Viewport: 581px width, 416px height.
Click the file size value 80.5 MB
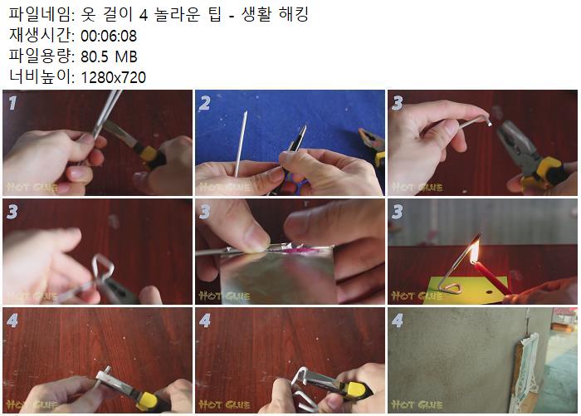point(109,56)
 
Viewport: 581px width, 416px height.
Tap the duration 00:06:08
point(109,36)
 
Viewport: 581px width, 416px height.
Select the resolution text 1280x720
point(114,77)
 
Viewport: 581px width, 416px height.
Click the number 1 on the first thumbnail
point(12,103)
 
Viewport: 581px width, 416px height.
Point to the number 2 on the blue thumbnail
point(204,103)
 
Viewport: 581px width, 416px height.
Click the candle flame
point(475,251)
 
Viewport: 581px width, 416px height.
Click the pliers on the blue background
point(372,145)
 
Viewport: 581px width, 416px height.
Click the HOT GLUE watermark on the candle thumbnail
point(417,296)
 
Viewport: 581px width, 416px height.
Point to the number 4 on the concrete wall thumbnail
point(398,321)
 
